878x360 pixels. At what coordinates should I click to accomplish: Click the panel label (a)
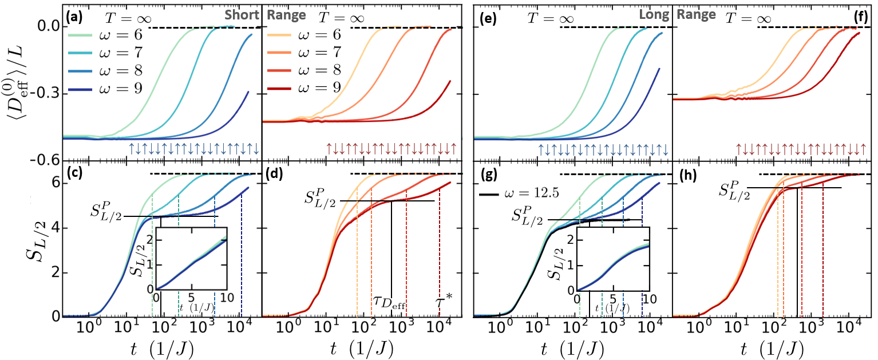click(74, 18)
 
